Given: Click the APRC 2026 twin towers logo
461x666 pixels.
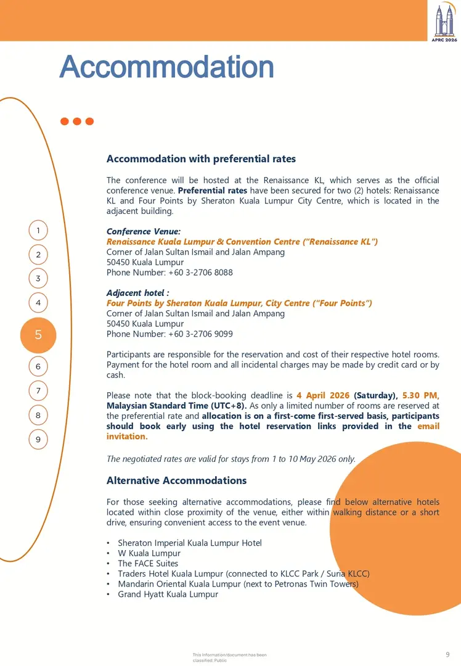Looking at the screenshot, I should pos(444,22).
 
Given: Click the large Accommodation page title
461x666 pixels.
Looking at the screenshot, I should pos(166,67).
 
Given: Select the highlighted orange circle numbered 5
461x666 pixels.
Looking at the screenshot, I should pos(38,335).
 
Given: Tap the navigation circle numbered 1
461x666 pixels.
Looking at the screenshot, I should pos(38,231).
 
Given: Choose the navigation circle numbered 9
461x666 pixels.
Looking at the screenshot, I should pos(38,439).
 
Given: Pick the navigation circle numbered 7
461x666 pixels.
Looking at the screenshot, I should pos(38,390).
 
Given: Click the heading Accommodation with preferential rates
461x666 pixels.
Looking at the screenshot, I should pos(201,159).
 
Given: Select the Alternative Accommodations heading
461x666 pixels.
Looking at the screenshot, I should pos(176,480).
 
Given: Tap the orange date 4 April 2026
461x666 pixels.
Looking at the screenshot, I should pos(323,395).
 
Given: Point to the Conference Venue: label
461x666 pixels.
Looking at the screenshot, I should pos(144,232).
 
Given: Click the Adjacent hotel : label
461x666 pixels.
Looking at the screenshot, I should pos(137,293).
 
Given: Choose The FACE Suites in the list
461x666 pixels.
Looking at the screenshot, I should pos(148,564).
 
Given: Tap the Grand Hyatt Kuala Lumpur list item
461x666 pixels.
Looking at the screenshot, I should pos(168,594).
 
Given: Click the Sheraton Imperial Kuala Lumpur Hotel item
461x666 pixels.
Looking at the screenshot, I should pos(190,543).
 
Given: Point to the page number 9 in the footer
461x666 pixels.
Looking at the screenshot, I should pos(447,654).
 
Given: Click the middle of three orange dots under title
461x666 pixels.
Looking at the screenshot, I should pos(77,121).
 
